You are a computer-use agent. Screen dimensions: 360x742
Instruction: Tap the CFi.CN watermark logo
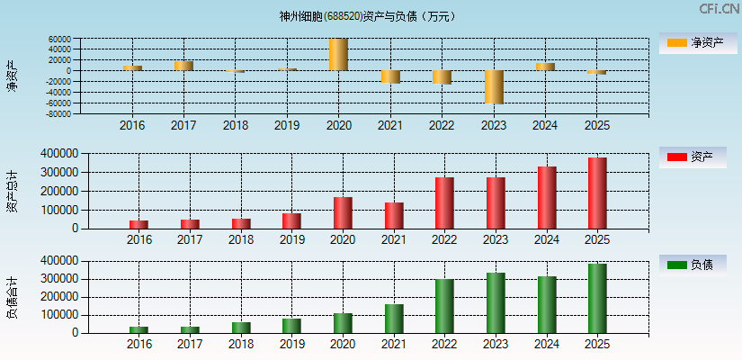pyautogui.click(x=719, y=9)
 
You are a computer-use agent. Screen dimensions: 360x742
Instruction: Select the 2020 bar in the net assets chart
pyautogui.click(x=337, y=54)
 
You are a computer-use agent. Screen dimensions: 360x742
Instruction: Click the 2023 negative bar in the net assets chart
pyautogui.click(x=493, y=86)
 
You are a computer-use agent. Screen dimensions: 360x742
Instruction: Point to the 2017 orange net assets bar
pyautogui.click(x=183, y=65)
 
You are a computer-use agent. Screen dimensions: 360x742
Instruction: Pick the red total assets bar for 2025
pyautogui.click(x=597, y=193)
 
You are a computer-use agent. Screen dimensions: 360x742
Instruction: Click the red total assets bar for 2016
pyautogui.click(x=139, y=224)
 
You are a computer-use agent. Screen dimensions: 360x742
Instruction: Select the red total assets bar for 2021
pyautogui.click(x=393, y=215)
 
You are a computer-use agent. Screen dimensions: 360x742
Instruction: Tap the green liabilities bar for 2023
pyautogui.click(x=496, y=302)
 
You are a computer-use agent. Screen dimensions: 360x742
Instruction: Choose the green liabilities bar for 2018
pyautogui.click(x=241, y=328)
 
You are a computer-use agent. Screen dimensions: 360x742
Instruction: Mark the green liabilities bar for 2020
pyautogui.click(x=343, y=323)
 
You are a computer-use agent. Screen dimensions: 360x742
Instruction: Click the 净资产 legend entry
pyautogui.click(x=693, y=43)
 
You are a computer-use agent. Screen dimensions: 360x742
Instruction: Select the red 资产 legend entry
pyautogui.click(x=693, y=157)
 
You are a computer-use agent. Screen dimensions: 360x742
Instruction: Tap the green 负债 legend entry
pyautogui.click(x=693, y=265)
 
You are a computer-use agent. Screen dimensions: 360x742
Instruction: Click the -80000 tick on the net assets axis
pyautogui.click(x=58, y=114)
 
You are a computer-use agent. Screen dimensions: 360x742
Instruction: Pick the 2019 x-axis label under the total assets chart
pyautogui.click(x=291, y=239)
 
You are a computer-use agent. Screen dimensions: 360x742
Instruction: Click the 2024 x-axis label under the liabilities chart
pyautogui.click(x=546, y=345)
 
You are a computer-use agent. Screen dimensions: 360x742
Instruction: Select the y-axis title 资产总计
pyautogui.click(x=12, y=191)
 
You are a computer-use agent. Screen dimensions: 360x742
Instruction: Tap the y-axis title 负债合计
pyautogui.click(x=12, y=297)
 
